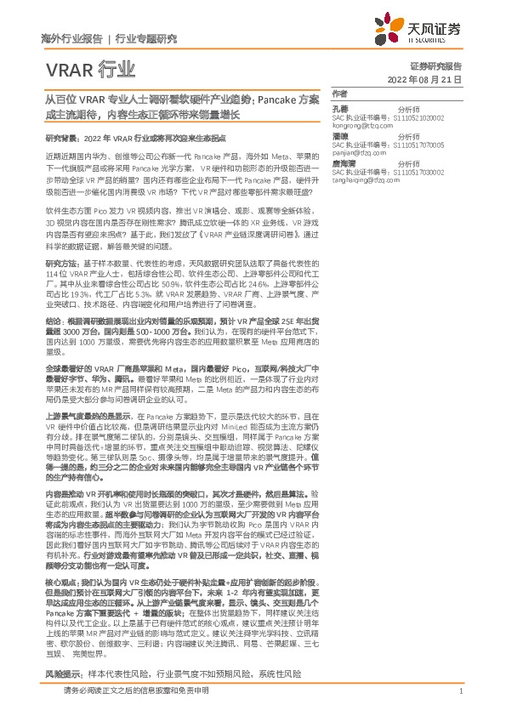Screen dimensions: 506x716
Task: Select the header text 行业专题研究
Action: pyautogui.click(x=145, y=38)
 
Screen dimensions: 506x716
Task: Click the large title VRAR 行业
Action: pyautogui.click(x=88, y=68)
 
